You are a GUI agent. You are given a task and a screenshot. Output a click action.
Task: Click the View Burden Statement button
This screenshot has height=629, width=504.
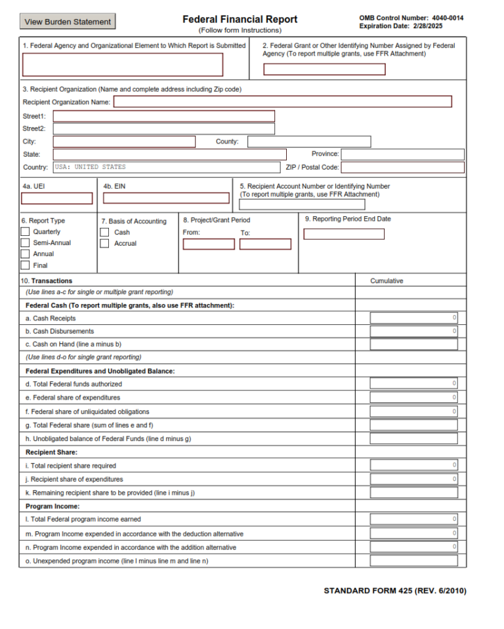[x=68, y=22]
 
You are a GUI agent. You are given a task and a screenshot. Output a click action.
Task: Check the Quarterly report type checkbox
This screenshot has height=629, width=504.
[x=25, y=232]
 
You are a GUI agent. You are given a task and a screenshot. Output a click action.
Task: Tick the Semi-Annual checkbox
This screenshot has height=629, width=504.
[x=25, y=243]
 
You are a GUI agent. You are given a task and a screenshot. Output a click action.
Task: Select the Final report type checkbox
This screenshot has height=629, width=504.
[x=25, y=265]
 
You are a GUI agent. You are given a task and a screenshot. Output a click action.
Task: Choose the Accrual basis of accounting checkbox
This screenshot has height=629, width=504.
[x=104, y=243]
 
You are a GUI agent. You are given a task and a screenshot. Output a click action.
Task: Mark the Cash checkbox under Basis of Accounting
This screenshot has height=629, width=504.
[x=104, y=232]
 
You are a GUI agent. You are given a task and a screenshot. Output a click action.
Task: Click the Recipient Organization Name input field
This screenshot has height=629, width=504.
[x=283, y=102]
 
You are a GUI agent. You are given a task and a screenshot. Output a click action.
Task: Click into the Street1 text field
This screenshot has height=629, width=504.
[x=163, y=116]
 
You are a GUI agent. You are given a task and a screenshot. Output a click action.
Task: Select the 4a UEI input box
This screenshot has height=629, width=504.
[x=57, y=198]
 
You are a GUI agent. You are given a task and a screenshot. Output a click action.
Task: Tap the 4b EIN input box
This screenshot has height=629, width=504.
[x=166, y=198]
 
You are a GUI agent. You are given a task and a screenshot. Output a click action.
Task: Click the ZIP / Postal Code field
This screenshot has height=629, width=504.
[x=402, y=167]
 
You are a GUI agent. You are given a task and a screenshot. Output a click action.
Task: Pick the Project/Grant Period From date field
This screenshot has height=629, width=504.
[x=208, y=244]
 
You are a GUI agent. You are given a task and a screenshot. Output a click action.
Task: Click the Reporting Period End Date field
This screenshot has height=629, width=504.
[x=344, y=234]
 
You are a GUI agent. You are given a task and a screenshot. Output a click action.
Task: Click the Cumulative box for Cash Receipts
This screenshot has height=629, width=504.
[x=413, y=318]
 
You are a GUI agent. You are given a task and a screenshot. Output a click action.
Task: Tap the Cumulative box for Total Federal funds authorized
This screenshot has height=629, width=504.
[x=413, y=383]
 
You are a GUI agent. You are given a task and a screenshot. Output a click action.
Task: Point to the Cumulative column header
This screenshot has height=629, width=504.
[x=387, y=281]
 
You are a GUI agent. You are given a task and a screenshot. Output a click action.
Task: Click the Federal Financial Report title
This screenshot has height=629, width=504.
[x=240, y=20]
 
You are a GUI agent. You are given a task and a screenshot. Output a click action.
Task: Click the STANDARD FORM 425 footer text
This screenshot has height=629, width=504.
[x=394, y=591]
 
